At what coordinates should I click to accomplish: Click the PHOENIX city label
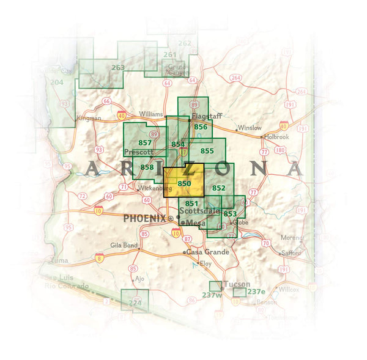(144, 218)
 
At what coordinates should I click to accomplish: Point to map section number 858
(147, 167)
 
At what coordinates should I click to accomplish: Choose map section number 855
(207, 150)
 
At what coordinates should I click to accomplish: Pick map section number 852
(219, 188)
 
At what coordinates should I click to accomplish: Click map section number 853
(230, 213)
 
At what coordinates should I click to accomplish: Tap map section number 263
(118, 68)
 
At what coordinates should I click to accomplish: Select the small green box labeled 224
(135, 302)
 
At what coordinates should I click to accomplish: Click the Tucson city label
(237, 284)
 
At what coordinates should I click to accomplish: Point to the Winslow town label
(250, 128)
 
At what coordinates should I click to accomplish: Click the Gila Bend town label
(123, 244)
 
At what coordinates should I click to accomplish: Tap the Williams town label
(151, 114)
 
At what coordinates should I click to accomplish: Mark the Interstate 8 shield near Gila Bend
(98, 259)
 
